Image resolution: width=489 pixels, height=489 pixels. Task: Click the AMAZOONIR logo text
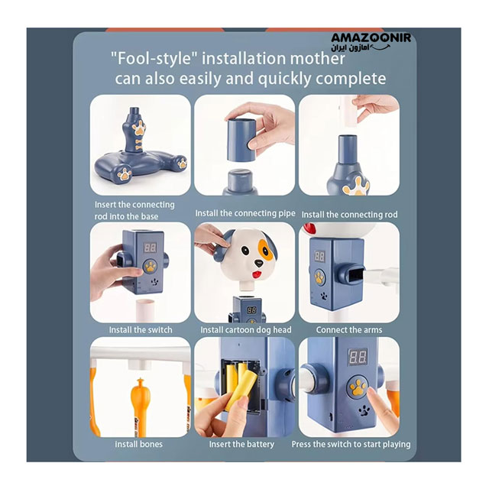(371, 38)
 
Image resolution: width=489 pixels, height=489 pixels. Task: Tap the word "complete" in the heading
(351, 78)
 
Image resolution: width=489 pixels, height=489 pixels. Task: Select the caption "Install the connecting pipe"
(245, 213)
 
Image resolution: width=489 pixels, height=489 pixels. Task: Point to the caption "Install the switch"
(141, 329)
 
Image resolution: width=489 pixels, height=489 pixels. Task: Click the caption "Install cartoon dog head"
(246, 330)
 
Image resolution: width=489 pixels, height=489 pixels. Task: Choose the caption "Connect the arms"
(349, 329)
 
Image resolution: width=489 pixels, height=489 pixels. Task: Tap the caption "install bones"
(139, 444)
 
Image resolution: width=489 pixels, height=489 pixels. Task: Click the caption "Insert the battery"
(241, 444)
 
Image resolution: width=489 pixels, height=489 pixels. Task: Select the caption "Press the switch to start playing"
(351, 444)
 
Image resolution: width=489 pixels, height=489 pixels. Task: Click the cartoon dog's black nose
(258, 264)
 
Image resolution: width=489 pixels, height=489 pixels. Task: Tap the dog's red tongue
(257, 275)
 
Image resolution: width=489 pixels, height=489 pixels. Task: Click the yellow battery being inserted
(239, 390)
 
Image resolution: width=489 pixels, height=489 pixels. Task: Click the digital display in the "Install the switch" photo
(150, 248)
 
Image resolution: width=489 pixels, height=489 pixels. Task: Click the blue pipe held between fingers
(241, 140)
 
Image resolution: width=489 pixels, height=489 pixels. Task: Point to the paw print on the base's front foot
(125, 174)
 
